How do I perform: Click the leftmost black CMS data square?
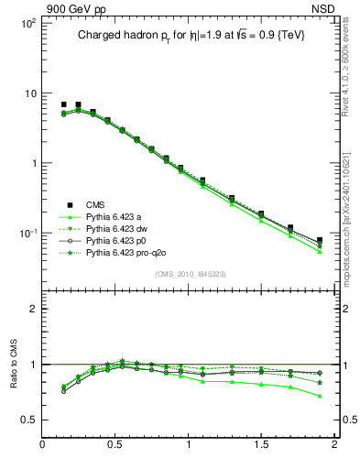click(x=64, y=105)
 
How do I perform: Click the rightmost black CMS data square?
click(x=319, y=241)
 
